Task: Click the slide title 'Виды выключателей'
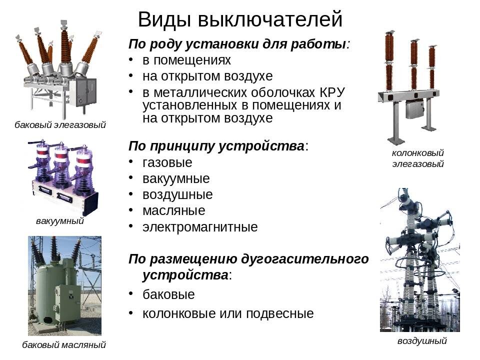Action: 240,19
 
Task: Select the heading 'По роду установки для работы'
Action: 238,43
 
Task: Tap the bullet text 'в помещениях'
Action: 186,60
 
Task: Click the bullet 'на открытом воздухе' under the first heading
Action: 207,76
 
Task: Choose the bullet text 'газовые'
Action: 167,162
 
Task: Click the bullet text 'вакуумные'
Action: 176,178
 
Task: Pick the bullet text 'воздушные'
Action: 177,194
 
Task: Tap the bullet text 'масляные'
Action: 173,210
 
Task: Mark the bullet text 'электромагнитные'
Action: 200,227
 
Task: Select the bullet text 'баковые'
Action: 168,294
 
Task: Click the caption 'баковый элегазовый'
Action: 60,125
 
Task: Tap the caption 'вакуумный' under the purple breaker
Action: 59,220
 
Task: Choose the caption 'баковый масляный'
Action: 64,344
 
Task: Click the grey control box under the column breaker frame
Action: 414,108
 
